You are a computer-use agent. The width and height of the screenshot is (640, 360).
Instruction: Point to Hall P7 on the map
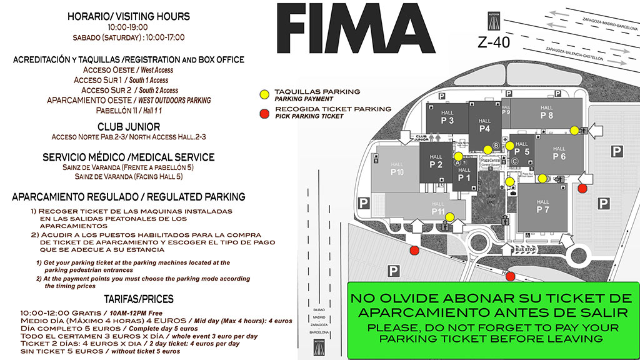[x=542, y=207]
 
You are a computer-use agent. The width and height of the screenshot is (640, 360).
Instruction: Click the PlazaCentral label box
[x=490, y=161]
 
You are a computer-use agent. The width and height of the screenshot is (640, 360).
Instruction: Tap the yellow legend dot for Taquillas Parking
[x=264, y=94]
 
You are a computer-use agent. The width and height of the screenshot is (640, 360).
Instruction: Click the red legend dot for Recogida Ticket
[x=264, y=112]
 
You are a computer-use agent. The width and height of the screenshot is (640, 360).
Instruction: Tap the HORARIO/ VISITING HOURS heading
[x=128, y=16]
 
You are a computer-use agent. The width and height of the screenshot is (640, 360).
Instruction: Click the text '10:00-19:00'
[x=128, y=27]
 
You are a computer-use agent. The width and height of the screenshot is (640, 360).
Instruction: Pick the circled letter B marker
[x=496, y=146]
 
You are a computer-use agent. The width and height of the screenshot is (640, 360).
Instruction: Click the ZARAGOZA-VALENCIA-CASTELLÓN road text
[x=574, y=54]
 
